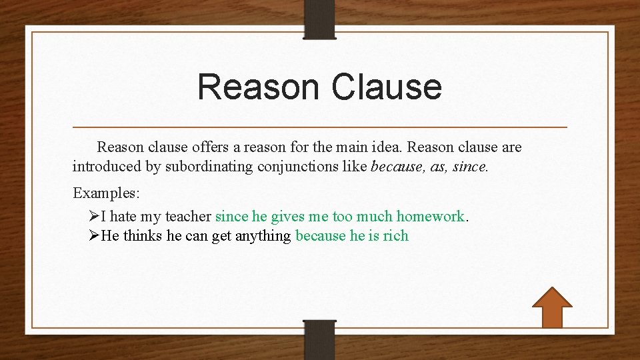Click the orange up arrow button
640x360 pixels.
pyautogui.click(x=552, y=307)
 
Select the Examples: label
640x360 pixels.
pyautogui.click(x=106, y=193)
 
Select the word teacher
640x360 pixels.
pyautogui.click(x=189, y=216)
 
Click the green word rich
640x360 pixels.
pyautogui.click(x=395, y=235)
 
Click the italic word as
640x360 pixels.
pyautogui.click(x=439, y=166)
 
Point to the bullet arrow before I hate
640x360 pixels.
pyautogui.click(x=94, y=216)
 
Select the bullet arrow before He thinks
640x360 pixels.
pyautogui.click(x=94, y=235)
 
